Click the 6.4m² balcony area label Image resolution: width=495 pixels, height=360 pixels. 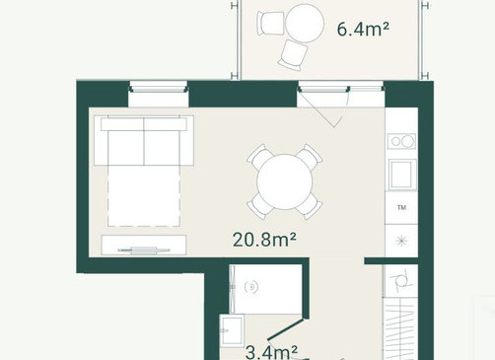pos(363,29)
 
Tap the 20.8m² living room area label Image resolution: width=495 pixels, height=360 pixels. pos(264,240)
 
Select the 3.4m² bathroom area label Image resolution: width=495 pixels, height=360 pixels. pos(271,352)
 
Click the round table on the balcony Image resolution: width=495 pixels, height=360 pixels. pos(305,23)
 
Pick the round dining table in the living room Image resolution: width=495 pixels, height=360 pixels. pos(285,181)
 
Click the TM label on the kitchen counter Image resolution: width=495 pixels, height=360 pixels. pos(401,207)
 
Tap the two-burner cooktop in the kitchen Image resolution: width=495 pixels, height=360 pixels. pos(401,141)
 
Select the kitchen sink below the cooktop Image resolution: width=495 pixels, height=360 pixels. pos(402,175)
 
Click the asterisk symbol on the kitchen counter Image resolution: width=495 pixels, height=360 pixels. pos(401,241)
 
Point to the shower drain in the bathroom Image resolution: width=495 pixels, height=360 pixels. pos(251,287)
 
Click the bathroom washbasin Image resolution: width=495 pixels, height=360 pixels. pos(232,330)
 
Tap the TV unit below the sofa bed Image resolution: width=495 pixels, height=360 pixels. pos(144,245)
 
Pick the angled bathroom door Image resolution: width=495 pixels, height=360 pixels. pos(285,328)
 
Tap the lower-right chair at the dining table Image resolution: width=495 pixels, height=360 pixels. pos(310,206)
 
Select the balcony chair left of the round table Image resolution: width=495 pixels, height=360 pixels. pos(270,23)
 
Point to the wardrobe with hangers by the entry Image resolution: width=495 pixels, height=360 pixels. pos(400,328)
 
